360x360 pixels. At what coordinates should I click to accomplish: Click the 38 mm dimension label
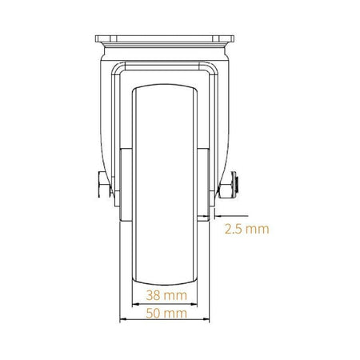166,295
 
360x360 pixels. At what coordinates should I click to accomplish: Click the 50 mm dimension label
166,314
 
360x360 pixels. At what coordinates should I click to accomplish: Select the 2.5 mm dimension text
246,229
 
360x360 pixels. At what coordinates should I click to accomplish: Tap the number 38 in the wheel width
153,295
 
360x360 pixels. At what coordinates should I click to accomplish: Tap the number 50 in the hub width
153,314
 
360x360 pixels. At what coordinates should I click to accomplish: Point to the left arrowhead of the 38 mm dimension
135,304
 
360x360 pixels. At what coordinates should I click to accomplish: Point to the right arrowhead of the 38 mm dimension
194,304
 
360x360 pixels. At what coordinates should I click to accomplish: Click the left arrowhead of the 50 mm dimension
123,319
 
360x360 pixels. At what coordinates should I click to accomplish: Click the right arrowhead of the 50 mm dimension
206,319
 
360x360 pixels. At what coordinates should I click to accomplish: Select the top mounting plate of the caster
165,39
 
